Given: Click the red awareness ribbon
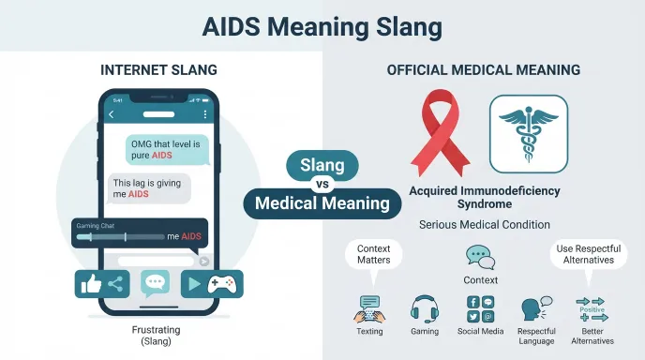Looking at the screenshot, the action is coord(440,131).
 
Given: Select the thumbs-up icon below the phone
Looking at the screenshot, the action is coord(91,283).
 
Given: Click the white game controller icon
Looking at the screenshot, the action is coord(222,284).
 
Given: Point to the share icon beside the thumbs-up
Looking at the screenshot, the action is coord(115,284).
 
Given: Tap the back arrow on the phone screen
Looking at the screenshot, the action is coord(111,114).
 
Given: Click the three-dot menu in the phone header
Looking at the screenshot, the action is coord(205,114).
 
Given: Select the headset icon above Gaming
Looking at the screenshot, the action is coord(425,309).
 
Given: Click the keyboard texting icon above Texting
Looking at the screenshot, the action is coord(369,309).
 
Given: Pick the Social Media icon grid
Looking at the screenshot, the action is coord(480,308).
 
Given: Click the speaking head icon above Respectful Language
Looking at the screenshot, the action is coord(536,308).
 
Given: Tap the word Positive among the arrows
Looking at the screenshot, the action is coord(592,309).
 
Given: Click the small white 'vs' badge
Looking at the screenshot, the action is coord(322,185).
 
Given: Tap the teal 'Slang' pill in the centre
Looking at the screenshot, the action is coord(322,165).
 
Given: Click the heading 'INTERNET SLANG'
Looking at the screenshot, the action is coord(158,70).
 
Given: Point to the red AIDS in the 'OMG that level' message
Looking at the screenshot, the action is coord(162,156).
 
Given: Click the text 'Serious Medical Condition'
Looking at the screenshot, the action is coord(485,225).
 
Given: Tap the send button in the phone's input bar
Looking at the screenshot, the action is coord(204,262).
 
